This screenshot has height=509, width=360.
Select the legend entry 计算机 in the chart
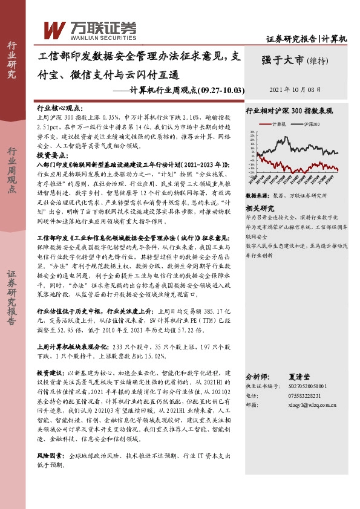(x=279, y=123)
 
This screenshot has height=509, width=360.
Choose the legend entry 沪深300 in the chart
(x=312, y=123)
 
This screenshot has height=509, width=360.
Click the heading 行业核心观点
(x=56, y=106)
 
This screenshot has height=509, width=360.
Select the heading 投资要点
(x=51, y=155)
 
